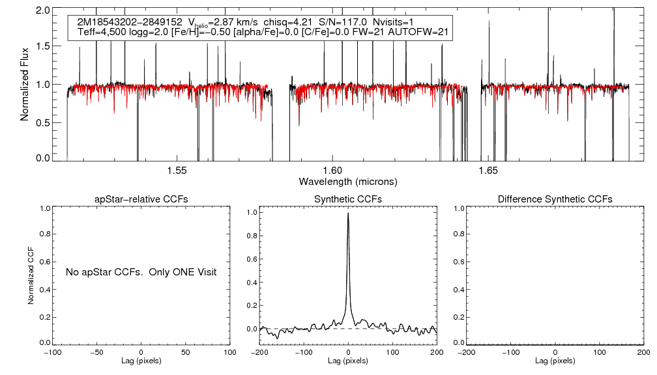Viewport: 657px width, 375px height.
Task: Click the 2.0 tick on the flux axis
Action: point(43,11)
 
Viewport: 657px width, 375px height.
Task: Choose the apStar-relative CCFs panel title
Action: point(141,199)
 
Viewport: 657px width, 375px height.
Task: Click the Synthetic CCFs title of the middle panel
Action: point(348,199)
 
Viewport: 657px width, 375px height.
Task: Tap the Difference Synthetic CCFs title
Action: point(555,199)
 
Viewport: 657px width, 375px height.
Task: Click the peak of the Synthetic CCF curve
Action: point(348,213)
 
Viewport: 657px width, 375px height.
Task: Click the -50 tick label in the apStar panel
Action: point(96,352)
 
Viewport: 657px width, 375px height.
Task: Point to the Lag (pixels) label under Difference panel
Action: point(555,361)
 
